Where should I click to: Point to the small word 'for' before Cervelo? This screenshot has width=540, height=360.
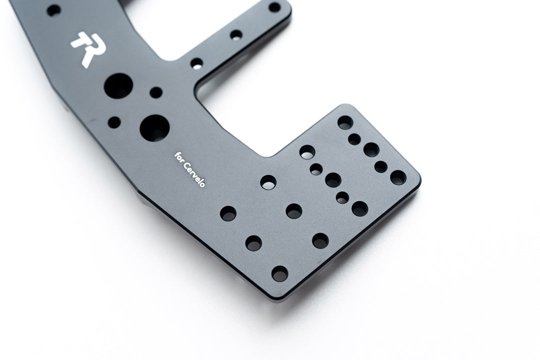pyautogui.click(x=178, y=156)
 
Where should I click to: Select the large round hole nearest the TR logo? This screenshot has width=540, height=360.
pyautogui.click(x=116, y=85)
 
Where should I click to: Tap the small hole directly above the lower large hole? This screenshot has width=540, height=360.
pyautogui.click(x=156, y=92)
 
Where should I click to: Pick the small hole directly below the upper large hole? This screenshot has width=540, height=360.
pyautogui.click(x=114, y=121)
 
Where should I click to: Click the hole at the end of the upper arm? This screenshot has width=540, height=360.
pyautogui.click(x=274, y=7)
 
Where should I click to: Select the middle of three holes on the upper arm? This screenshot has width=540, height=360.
pyautogui.click(x=236, y=34)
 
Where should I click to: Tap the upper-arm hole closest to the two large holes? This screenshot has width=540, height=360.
pyautogui.click(x=197, y=63)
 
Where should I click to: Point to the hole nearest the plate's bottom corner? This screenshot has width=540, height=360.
pyautogui.click(x=279, y=273)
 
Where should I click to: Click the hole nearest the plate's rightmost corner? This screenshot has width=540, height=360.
pyautogui.click(x=398, y=177)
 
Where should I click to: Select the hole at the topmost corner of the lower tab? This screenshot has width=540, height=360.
pyautogui.click(x=345, y=122)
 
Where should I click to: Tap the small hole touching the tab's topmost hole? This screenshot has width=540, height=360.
pyautogui.click(x=354, y=139)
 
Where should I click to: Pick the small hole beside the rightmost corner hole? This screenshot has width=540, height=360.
pyautogui.click(x=381, y=166)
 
